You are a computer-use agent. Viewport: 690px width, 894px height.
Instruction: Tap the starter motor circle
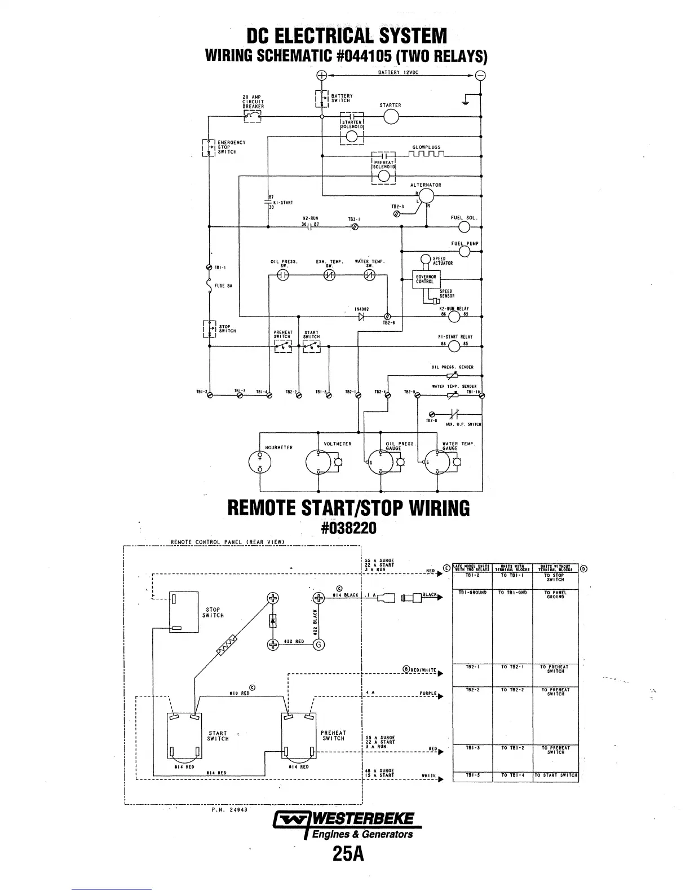pos(391,117)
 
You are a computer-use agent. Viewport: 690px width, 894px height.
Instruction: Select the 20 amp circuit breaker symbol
pos(252,116)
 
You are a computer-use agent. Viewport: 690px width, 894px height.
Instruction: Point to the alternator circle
pos(426,196)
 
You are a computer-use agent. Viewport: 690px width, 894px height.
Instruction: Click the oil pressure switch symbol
pos(284,275)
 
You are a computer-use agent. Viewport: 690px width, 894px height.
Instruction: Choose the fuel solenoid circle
pos(465,227)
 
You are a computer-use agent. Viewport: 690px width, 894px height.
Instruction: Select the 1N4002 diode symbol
pos(361,317)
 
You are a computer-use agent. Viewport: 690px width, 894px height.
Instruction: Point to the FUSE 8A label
pos(224,286)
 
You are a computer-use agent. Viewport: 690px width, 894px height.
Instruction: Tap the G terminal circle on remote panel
pos(319,645)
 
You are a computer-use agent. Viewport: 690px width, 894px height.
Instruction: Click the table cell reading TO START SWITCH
pos(555,775)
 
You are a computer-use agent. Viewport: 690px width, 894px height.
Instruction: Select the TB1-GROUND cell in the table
pos(472,593)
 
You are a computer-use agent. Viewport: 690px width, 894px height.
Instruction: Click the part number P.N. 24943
pos(231,809)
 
